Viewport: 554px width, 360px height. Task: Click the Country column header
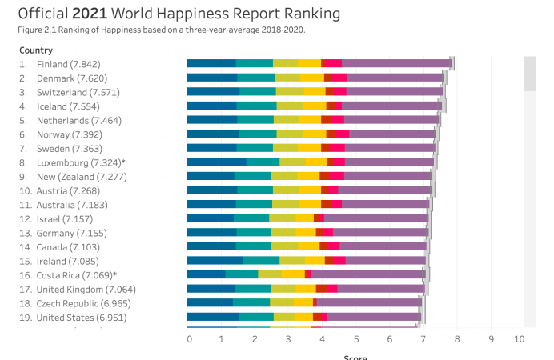(x=37, y=50)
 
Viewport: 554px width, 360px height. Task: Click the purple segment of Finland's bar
(x=396, y=63)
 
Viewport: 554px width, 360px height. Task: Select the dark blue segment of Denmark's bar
(x=212, y=78)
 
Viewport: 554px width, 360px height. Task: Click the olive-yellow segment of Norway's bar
(x=290, y=134)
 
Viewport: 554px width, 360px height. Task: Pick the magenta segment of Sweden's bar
(x=337, y=148)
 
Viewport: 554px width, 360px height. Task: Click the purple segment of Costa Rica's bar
(x=367, y=274)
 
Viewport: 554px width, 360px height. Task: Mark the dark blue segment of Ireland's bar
(x=215, y=261)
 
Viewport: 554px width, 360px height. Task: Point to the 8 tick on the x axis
(x=456, y=339)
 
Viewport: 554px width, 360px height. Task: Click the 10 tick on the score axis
(x=519, y=339)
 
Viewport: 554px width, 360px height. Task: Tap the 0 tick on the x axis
(x=189, y=339)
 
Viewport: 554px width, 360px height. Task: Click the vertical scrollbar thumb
(x=530, y=73)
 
